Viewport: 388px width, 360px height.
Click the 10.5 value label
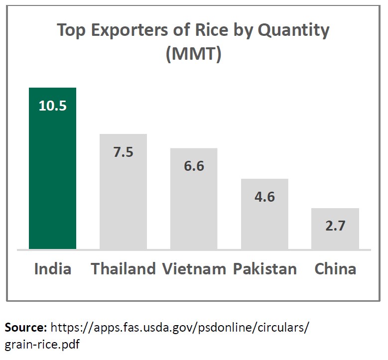(x=52, y=106)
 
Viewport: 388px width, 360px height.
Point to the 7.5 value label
(x=123, y=152)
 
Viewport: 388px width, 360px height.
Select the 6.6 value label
(x=194, y=166)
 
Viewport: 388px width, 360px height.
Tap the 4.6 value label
(x=264, y=196)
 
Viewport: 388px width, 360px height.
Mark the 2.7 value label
(x=335, y=226)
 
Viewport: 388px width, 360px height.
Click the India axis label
(x=52, y=269)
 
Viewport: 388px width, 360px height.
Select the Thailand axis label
(x=123, y=269)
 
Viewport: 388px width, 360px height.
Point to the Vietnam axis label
(x=194, y=269)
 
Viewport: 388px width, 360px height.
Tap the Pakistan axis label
(x=264, y=269)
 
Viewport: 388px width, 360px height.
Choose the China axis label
(x=335, y=269)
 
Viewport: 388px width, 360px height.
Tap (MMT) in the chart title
(x=193, y=54)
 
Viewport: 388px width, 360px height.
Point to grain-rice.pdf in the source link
(x=42, y=344)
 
